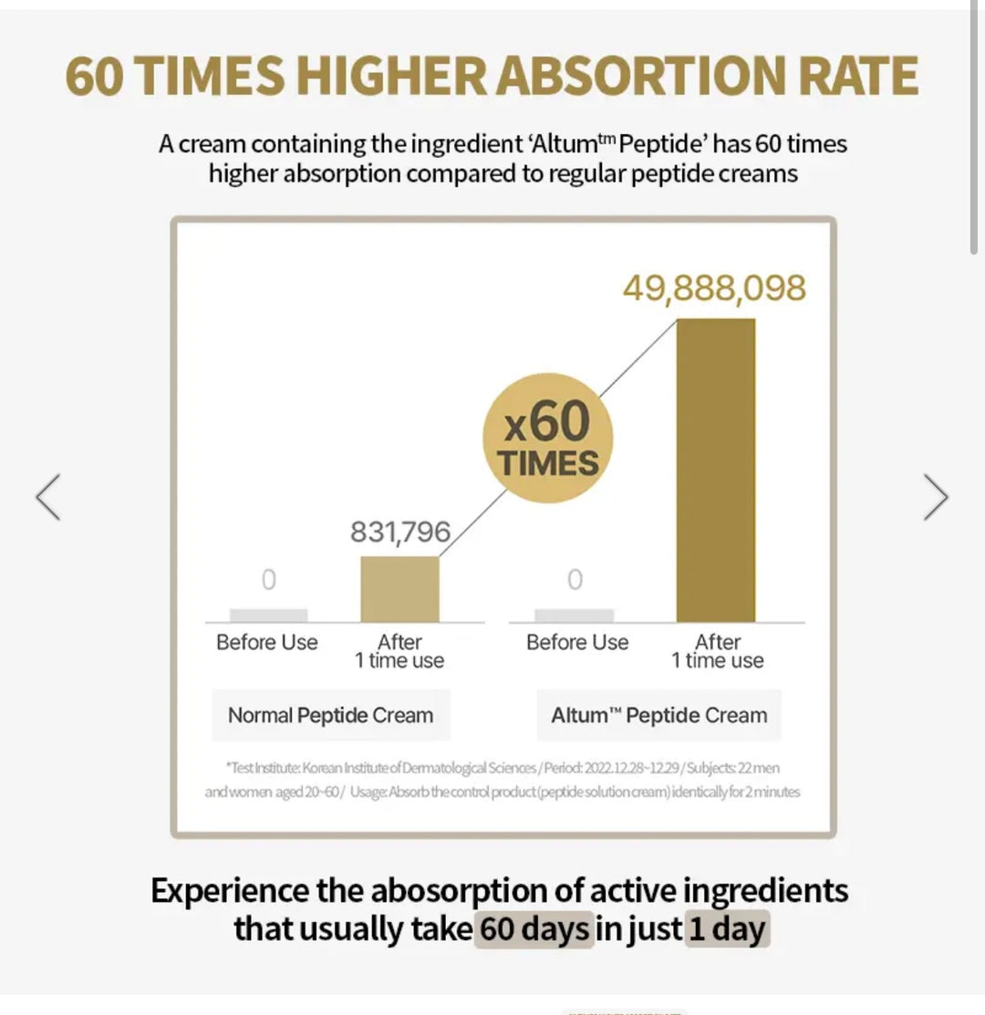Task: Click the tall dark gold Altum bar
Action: pos(715,470)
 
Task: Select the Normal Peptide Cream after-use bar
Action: pos(399,589)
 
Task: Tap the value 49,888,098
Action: pos(714,288)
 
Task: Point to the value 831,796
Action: pos(400,532)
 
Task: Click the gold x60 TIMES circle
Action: pos(547,440)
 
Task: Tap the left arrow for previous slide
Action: pos(48,497)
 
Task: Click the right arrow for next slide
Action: pos(936,497)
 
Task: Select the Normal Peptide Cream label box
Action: pos(330,715)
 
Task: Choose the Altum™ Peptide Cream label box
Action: pos(658,715)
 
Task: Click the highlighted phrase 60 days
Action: pos(534,929)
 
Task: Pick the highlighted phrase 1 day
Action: pos(727,929)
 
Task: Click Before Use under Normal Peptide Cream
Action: pos(267,642)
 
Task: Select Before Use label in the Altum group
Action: pos(577,642)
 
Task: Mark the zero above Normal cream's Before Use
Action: pos(268,579)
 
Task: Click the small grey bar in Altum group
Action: pos(574,616)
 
